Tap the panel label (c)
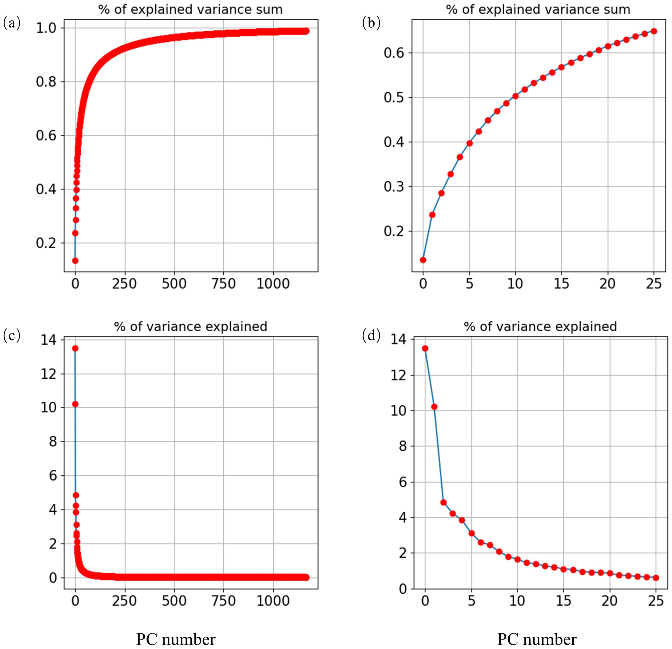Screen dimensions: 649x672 12,336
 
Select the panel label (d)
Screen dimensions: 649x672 371,336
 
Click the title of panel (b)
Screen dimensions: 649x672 538,9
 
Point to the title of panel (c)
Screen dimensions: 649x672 191,327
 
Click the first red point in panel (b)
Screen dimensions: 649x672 423,260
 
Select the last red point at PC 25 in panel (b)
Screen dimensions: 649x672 654,31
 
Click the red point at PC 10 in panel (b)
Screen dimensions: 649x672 515,96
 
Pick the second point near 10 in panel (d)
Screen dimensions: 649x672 434,407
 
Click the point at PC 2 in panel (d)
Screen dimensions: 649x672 443,503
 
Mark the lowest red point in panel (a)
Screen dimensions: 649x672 75,261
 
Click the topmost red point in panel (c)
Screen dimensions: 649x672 75,348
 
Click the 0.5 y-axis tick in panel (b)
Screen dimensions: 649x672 393,98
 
